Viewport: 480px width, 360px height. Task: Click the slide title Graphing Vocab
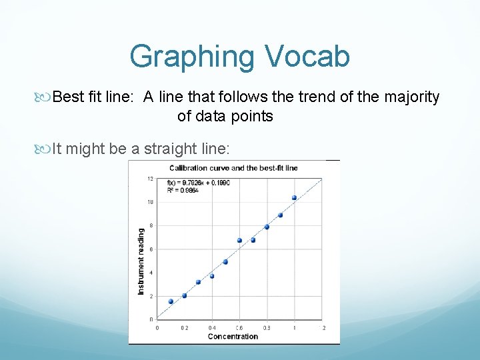pyautogui.click(x=239, y=56)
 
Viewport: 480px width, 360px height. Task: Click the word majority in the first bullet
pyautogui.click(x=411, y=97)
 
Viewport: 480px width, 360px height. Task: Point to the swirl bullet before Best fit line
pyautogui.click(x=45, y=98)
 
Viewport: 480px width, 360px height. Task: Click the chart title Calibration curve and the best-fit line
pyautogui.click(x=233, y=168)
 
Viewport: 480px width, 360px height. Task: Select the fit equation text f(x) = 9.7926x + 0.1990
pyautogui.click(x=199, y=183)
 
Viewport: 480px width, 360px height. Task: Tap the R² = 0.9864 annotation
pyautogui.click(x=183, y=190)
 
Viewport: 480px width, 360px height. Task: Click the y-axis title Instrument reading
pyautogui.click(x=141, y=261)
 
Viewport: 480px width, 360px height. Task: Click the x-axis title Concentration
pyautogui.click(x=233, y=337)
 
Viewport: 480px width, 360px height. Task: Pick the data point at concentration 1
pyautogui.click(x=294, y=197)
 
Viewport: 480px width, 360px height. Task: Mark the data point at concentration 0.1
pyautogui.click(x=171, y=301)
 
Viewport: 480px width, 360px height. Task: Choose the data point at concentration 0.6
pyautogui.click(x=239, y=240)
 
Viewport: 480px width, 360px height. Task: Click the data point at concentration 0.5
pyautogui.click(x=225, y=262)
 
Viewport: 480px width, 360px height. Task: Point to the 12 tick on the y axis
pyautogui.click(x=151, y=178)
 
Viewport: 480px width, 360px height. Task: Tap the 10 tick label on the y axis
pyautogui.click(x=151, y=202)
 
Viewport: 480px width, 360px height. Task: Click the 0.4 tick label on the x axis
pyautogui.click(x=212, y=328)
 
